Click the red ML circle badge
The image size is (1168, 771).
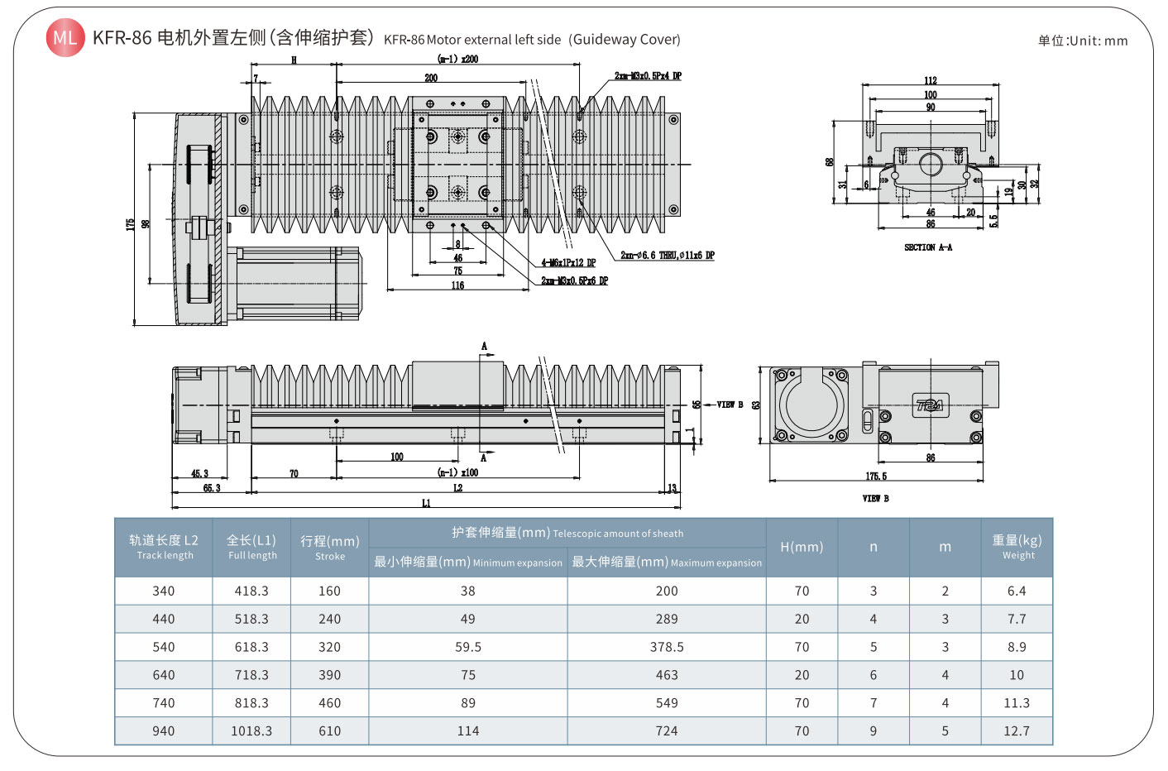pyautogui.click(x=65, y=38)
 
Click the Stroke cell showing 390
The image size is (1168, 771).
pyautogui.click(x=329, y=675)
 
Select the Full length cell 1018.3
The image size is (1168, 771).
pyautogui.click(x=251, y=731)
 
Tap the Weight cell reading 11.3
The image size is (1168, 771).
pyautogui.click(x=1017, y=703)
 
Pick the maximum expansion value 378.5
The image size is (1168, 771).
pyautogui.click(x=667, y=647)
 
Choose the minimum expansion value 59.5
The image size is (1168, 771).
pyautogui.click(x=468, y=647)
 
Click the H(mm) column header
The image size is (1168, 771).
pyautogui.click(x=802, y=547)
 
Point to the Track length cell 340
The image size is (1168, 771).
pyautogui.click(x=164, y=591)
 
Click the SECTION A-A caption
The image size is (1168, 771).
pyautogui.click(x=928, y=247)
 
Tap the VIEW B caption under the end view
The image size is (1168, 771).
pyautogui.click(x=875, y=499)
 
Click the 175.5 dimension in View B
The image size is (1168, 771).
pyautogui.click(x=876, y=476)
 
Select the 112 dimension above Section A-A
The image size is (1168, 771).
pyautogui.click(x=931, y=80)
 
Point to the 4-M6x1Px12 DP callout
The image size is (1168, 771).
pyautogui.click(x=568, y=263)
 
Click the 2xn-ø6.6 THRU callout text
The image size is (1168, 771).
pyautogui.click(x=668, y=256)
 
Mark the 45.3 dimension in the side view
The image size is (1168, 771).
pyautogui.click(x=199, y=474)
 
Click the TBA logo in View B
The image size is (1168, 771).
pyautogui.click(x=930, y=405)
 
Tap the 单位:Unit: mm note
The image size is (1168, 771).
pyautogui.click(x=1083, y=41)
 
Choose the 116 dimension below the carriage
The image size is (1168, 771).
pyautogui.click(x=457, y=285)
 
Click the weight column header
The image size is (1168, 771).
pyautogui.click(x=1017, y=547)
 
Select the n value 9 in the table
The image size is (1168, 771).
pyautogui.click(x=874, y=731)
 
